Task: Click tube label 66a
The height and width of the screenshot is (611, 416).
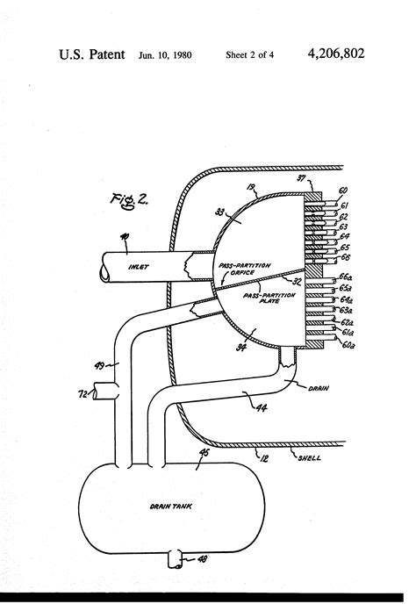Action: pos(345,276)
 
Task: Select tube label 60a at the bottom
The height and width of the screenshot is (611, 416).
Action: pos(344,346)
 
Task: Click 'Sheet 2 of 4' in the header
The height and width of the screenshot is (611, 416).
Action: pos(250,55)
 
